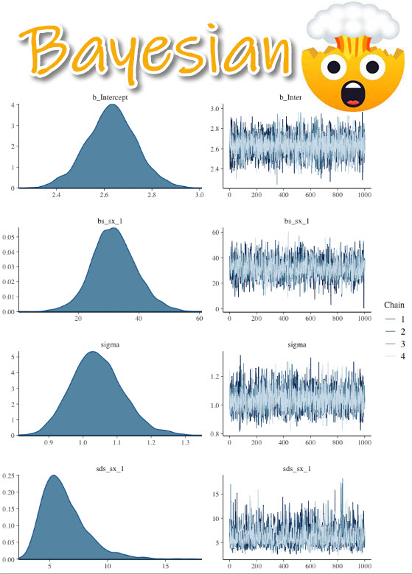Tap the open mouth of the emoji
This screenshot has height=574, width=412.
click(355, 94)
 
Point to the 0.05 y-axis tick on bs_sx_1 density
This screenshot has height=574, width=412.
click(8, 237)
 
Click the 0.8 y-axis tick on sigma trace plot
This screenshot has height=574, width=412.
click(214, 433)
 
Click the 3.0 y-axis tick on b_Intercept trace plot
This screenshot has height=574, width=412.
click(214, 108)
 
